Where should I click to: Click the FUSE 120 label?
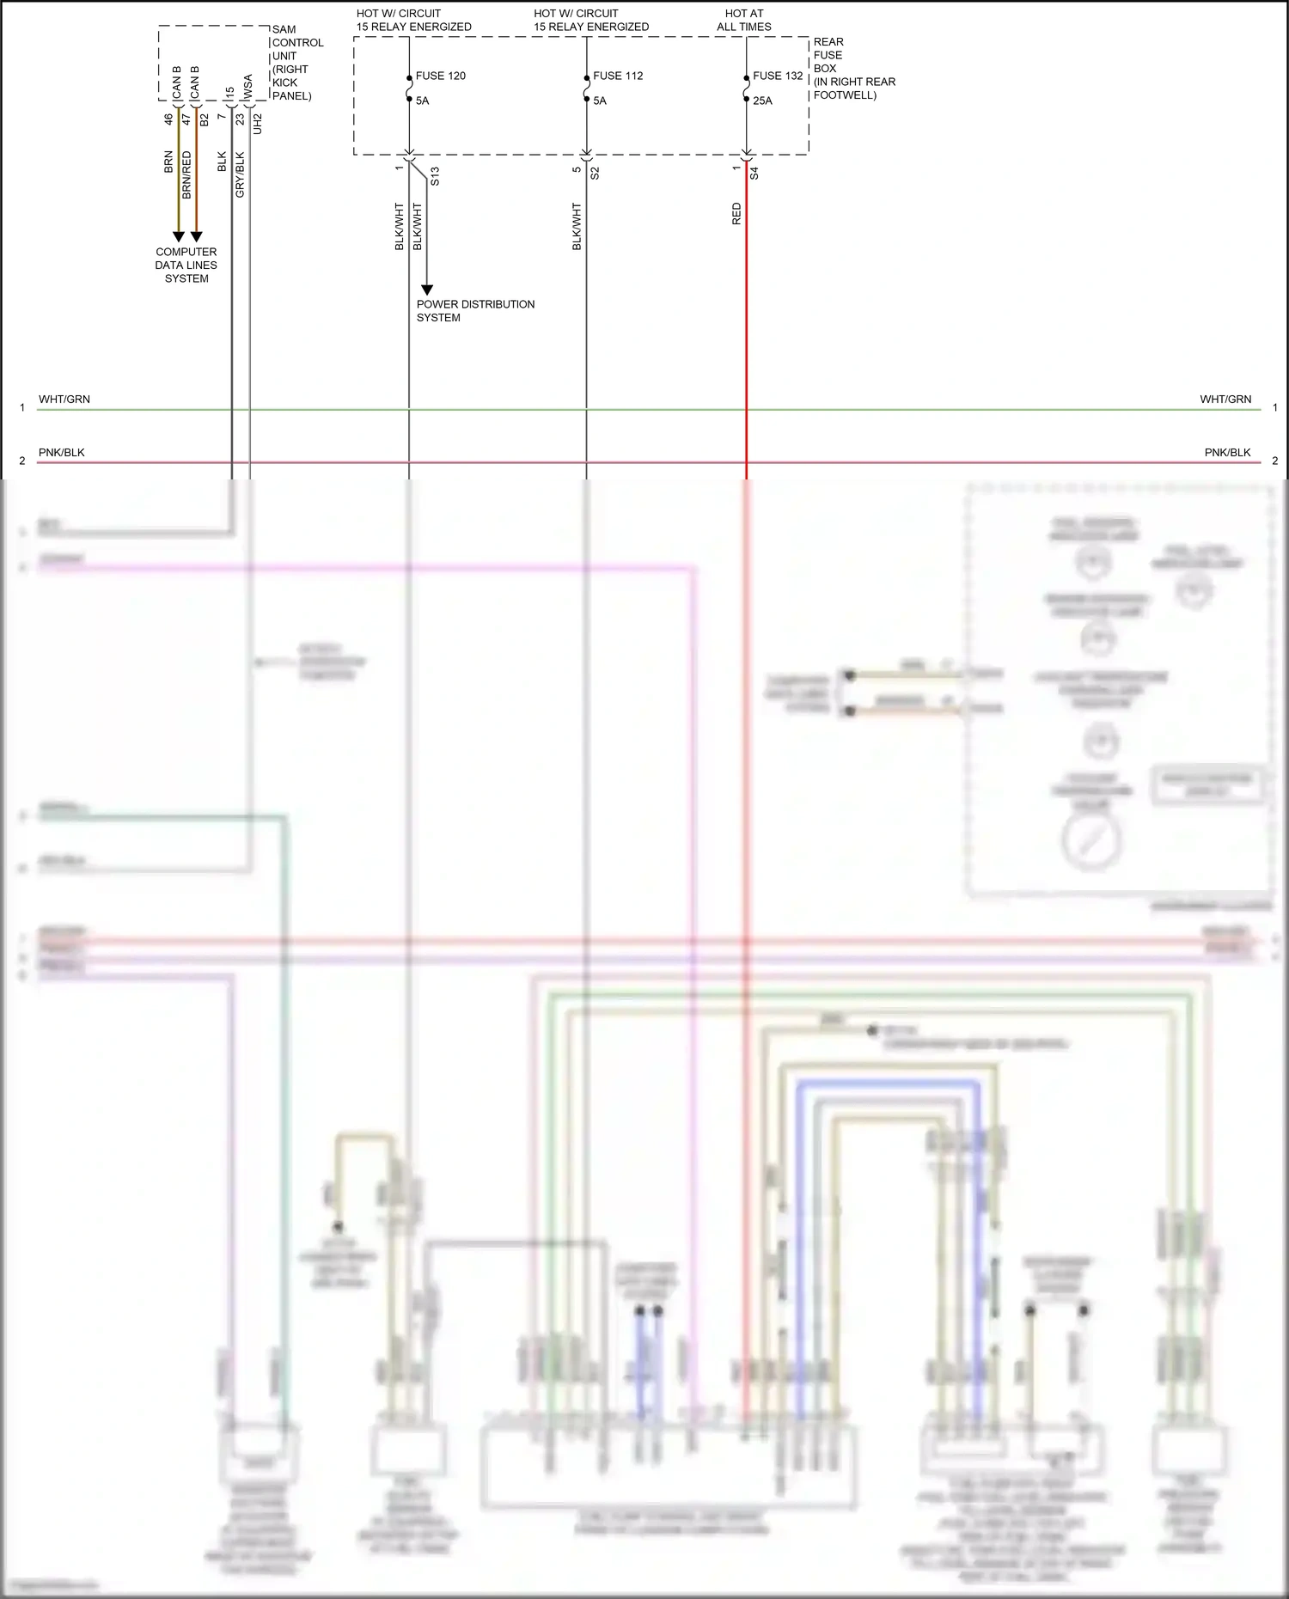click(440, 76)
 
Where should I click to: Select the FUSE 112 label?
click(618, 76)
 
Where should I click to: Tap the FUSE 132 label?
click(778, 76)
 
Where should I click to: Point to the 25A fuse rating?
click(762, 101)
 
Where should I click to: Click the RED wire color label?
click(736, 214)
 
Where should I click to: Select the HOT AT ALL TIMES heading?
click(744, 20)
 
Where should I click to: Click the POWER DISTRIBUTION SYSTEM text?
click(475, 310)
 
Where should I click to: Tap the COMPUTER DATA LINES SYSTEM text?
click(186, 265)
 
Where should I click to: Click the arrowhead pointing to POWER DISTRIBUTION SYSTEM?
click(427, 290)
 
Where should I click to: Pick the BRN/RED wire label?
click(186, 175)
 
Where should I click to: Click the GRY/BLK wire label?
click(240, 175)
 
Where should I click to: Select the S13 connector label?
click(435, 176)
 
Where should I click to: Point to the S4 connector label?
click(754, 173)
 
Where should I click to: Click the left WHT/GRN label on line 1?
click(64, 399)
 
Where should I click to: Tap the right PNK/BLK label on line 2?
click(1227, 452)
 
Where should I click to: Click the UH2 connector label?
click(257, 124)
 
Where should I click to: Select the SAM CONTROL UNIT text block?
click(297, 63)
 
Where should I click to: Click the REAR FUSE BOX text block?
click(853, 69)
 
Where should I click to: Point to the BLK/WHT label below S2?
click(577, 227)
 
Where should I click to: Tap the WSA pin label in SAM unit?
click(248, 86)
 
